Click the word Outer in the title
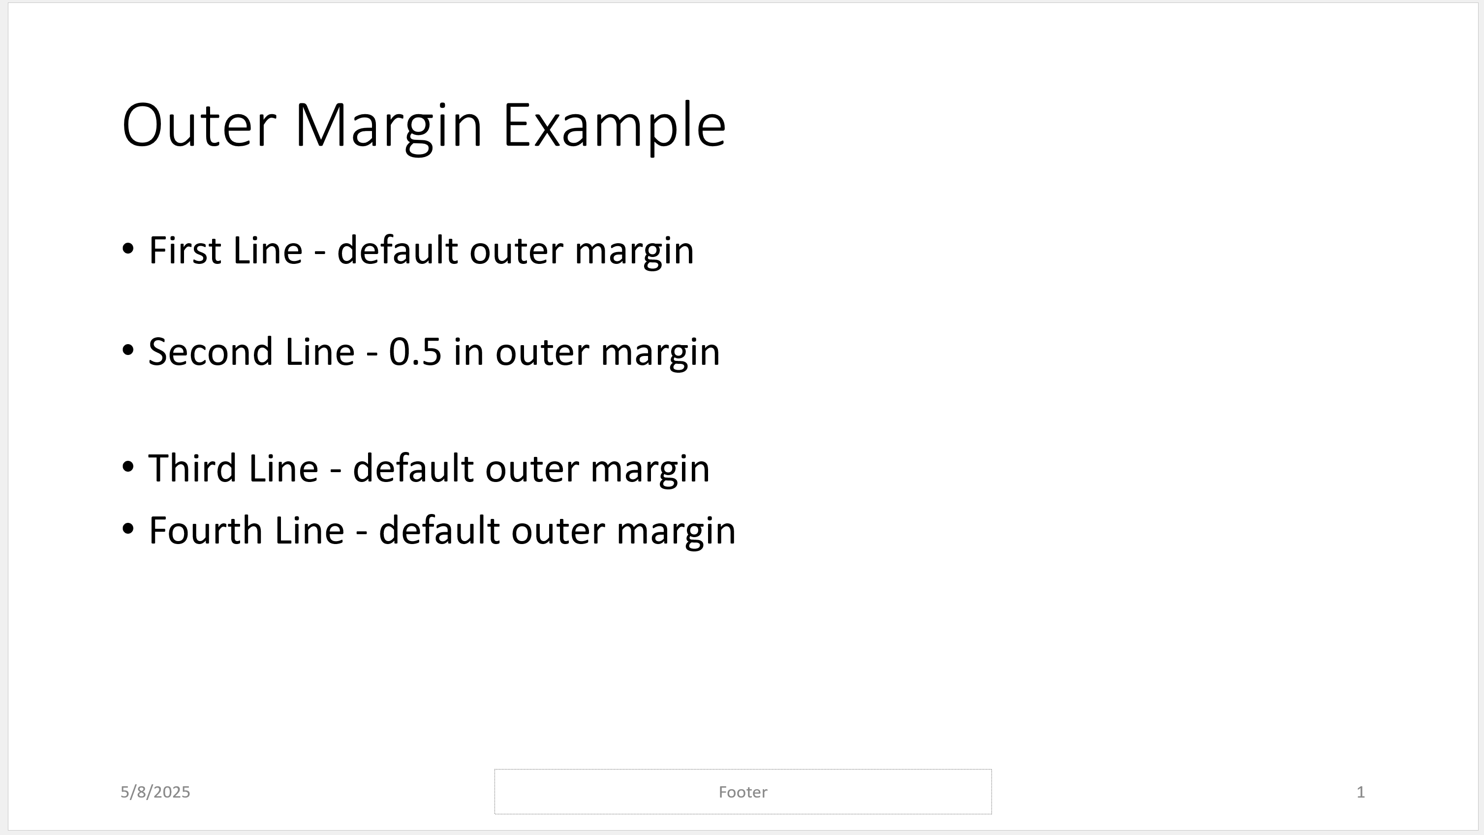[x=199, y=126]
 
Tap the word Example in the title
[x=614, y=126]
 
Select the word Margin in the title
[x=388, y=126]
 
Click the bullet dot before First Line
[x=128, y=249]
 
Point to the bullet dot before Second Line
[x=128, y=350]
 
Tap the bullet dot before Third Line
[x=128, y=467]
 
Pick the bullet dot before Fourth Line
[x=128, y=528]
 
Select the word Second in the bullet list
[x=210, y=352]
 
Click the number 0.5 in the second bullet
[x=415, y=352]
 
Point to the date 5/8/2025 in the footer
[x=155, y=792]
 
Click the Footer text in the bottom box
[x=742, y=792]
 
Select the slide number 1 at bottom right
[x=1360, y=792]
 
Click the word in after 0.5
[x=468, y=352]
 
